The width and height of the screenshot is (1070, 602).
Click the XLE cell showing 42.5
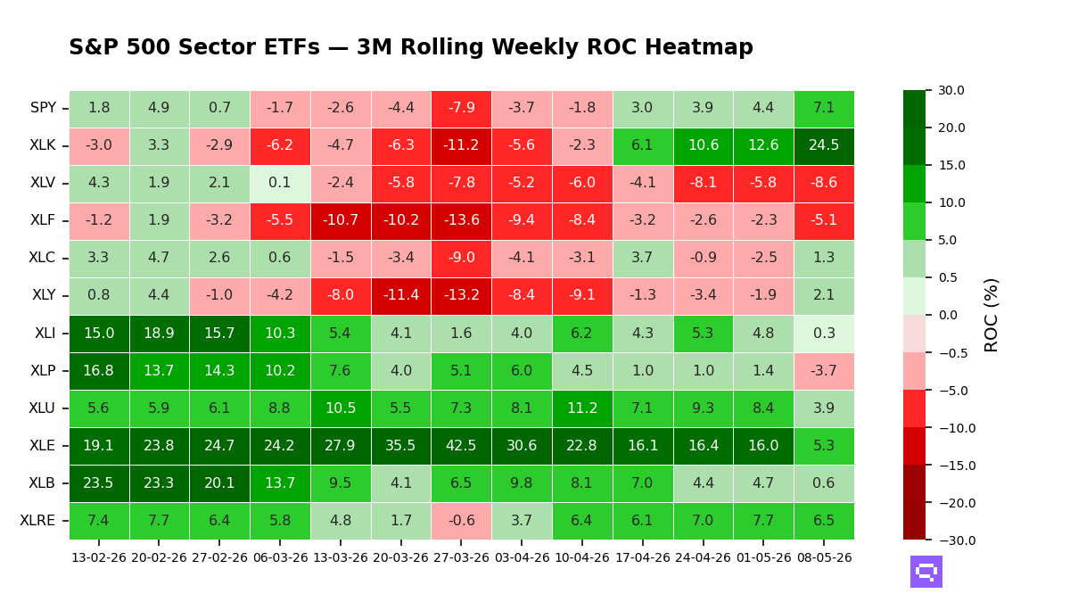point(461,446)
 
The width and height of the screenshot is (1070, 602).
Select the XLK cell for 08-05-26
point(824,145)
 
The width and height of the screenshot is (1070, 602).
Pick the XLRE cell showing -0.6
point(461,521)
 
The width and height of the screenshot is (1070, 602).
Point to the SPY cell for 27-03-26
point(461,109)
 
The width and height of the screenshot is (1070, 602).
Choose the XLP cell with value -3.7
point(824,371)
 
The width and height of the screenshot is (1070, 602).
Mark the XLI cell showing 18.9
point(159,334)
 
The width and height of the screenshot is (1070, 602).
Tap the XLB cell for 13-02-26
point(99,483)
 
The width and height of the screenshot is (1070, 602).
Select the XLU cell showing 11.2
point(581,408)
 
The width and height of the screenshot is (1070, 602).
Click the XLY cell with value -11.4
point(400,296)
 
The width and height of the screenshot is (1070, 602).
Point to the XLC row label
point(42,258)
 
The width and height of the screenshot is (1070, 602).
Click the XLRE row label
point(37,520)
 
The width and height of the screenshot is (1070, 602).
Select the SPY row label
point(44,108)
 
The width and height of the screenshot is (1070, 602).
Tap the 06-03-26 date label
point(280,557)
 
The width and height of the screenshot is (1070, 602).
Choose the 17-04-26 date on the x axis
point(643,557)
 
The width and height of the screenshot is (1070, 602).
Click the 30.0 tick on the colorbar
point(951,90)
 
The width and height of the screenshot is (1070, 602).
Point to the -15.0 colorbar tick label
point(958,466)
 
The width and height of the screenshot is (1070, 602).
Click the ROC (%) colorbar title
point(992,316)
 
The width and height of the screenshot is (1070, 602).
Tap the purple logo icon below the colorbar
point(926,572)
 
